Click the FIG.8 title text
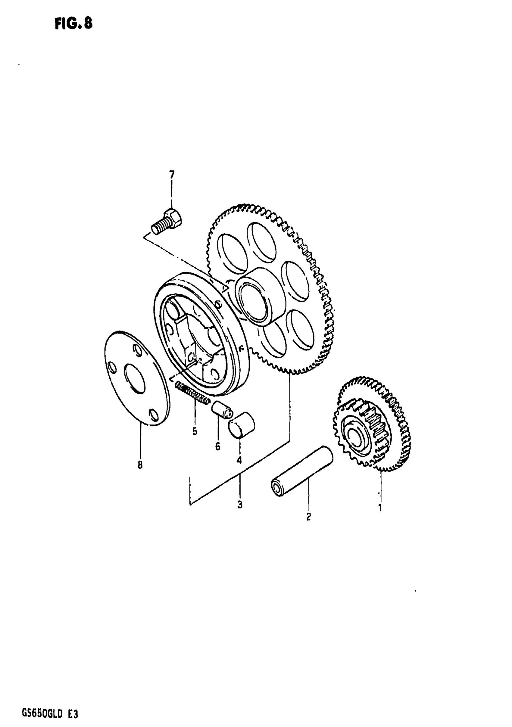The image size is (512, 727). coord(73,23)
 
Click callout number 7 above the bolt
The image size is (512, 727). coord(172,175)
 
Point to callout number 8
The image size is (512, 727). coord(140,465)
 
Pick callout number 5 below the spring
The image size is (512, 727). coord(195,431)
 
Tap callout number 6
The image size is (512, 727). coord(218,446)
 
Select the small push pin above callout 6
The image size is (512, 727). coord(222,410)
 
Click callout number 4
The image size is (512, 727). coord(239,460)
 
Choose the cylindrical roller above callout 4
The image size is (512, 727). coord(242,424)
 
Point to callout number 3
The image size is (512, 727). coord(240,505)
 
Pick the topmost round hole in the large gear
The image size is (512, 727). coord(261,242)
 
